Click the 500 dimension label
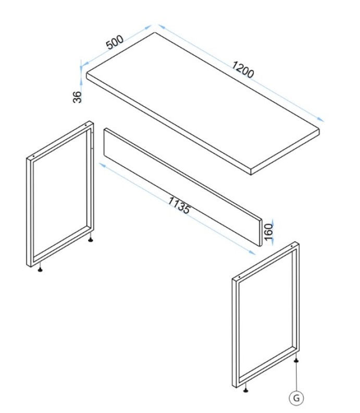coord(115,42)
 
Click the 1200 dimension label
coord(243,69)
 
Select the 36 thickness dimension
coord(78,97)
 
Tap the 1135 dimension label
coord(179,205)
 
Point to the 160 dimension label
coord(268,232)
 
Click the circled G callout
coord(296,398)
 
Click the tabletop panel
coord(203,103)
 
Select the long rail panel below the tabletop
coord(183,187)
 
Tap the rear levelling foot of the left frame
coord(91,239)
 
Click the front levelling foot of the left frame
coord(40,269)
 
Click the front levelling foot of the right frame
coord(245,390)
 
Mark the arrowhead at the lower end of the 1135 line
coord(252,253)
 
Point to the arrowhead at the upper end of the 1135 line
coord(102,165)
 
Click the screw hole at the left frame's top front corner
coord(33,156)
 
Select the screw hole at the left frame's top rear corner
coord(86,125)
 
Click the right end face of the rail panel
coord(261,233)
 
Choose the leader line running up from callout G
coord(296,376)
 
